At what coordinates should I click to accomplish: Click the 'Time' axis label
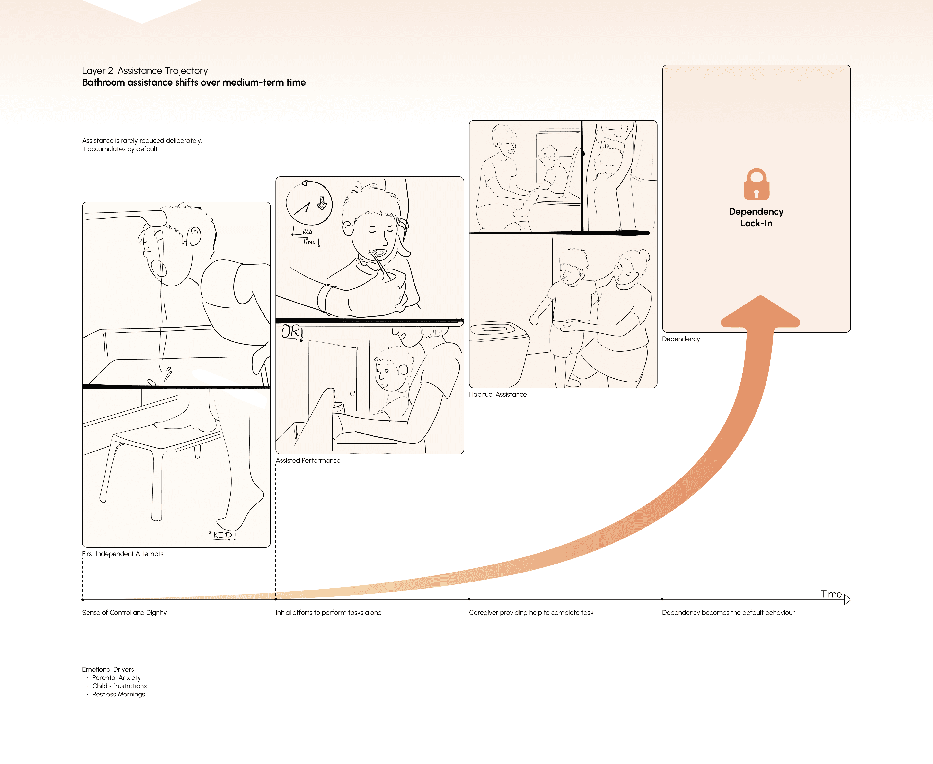831,594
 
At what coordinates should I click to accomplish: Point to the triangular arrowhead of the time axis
848,599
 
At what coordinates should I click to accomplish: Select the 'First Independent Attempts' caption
123,554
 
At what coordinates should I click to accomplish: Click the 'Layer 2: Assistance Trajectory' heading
145,71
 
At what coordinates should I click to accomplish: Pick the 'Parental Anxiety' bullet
116,678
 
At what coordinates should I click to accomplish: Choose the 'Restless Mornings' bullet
118,695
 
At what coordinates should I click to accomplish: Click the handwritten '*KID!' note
222,535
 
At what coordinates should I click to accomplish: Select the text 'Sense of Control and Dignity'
124,613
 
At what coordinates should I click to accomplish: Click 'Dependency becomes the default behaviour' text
728,613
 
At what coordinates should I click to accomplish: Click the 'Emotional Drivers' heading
108,669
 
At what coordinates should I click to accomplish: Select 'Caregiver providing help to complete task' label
531,613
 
